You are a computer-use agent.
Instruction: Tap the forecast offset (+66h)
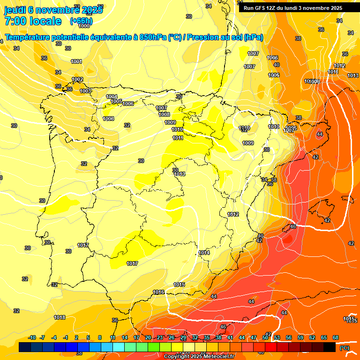(81, 21)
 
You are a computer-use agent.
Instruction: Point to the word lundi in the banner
(292, 8)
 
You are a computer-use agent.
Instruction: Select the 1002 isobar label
(77, 79)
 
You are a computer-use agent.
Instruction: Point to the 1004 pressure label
(112, 97)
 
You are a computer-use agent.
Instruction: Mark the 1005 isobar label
(116, 101)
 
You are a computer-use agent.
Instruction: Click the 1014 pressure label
(204, 253)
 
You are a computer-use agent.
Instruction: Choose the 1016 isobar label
(158, 292)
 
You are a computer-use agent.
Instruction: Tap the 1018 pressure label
(60, 317)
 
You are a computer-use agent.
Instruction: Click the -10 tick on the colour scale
(32, 337)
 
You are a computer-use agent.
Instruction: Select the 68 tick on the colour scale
(336, 337)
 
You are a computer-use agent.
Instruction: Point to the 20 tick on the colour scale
(148, 337)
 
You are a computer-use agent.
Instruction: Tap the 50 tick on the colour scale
(265, 337)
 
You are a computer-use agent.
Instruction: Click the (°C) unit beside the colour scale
(344, 348)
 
